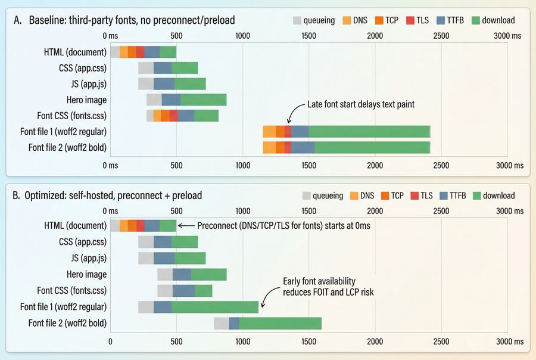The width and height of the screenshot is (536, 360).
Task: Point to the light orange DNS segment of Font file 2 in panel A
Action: pyautogui.click(x=269, y=147)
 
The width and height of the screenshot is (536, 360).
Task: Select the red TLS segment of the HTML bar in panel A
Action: pyautogui.click(x=141, y=52)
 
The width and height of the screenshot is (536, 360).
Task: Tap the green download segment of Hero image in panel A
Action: pyautogui.click(x=203, y=100)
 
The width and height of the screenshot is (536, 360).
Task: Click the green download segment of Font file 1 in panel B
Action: pyautogui.click(x=214, y=307)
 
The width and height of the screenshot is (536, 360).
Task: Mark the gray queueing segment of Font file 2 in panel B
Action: pyautogui.click(x=221, y=323)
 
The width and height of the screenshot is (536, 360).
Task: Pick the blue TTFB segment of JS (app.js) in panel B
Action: pyautogui.click(x=164, y=258)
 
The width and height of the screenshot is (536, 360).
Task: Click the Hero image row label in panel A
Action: pyautogui.click(x=86, y=100)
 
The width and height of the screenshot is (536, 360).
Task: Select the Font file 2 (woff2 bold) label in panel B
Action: pyautogui.click(x=68, y=323)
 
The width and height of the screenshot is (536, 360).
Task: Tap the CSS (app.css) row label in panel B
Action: pyautogui.click(x=83, y=242)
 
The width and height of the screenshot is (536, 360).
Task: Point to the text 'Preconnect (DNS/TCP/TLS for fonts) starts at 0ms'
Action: pyautogui.click(x=283, y=226)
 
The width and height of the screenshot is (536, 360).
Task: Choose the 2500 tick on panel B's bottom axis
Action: pyautogui.click(x=441, y=342)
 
